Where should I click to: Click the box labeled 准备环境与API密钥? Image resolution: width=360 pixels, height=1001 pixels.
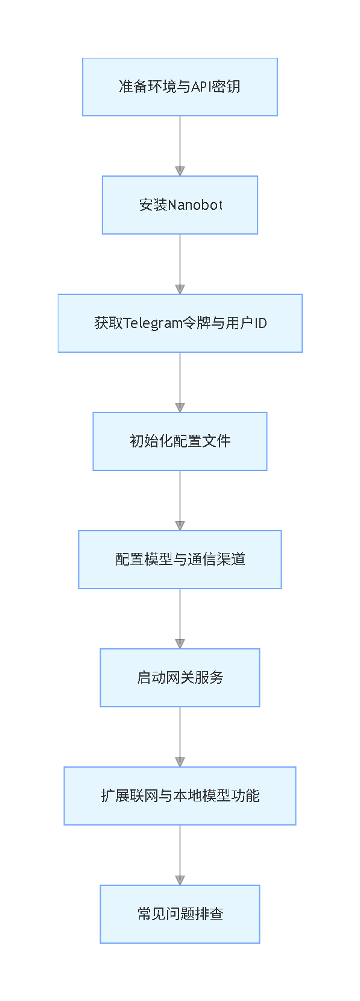point(180,87)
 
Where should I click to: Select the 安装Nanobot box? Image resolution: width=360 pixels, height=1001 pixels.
point(180,205)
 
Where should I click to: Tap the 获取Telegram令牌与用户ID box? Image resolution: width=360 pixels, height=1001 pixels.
point(180,323)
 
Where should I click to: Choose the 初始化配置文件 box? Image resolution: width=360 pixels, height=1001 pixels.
point(180,441)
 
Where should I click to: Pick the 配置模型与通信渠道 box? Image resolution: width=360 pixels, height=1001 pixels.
point(180,560)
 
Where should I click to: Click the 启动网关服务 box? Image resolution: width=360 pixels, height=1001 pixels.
point(180,678)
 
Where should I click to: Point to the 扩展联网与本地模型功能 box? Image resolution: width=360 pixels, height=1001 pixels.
point(180,796)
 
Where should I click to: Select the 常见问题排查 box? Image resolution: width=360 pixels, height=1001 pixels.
point(180,914)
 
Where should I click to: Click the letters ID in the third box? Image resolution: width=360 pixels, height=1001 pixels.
point(260,323)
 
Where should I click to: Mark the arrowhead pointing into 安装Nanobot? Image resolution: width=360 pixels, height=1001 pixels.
point(180,171)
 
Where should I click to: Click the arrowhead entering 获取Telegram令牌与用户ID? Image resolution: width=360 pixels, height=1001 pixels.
point(180,289)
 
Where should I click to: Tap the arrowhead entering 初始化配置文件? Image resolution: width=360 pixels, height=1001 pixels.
point(180,408)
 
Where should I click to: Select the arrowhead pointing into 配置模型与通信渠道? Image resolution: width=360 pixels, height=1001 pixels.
point(180,526)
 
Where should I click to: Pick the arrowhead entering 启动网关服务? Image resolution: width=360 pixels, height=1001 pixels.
point(180,644)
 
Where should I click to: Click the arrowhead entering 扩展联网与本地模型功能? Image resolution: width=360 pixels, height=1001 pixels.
point(180,762)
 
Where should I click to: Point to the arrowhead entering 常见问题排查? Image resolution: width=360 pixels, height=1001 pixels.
point(180,880)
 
